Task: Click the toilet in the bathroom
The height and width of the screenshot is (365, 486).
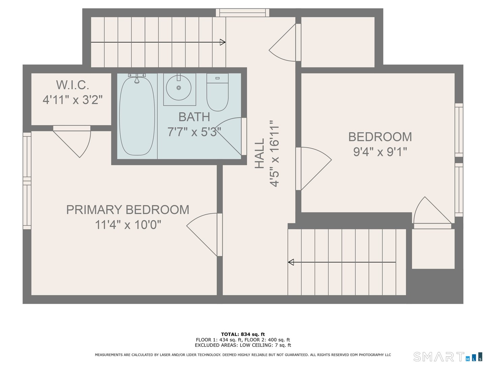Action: pyautogui.click(x=217, y=93)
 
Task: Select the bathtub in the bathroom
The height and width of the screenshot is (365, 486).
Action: pyautogui.click(x=137, y=116)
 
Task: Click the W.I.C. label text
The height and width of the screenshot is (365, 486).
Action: pyautogui.click(x=73, y=85)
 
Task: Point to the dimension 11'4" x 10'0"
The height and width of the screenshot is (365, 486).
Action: pyautogui.click(x=128, y=224)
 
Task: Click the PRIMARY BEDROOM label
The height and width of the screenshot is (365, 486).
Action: pyautogui.click(x=128, y=210)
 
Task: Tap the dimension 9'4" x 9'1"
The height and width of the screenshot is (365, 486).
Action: pyautogui.click(x=380, y=152)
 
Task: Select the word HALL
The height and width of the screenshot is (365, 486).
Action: pyautogui.click(x=259, y=153)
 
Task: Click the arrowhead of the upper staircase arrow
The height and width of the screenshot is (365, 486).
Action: pyautogui.click(x=223, y=42)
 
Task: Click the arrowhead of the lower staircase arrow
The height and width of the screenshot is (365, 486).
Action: pyautogui.click(x=291, y=262)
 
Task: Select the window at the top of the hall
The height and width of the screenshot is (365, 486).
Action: pyautogui.click(x=243, y=13)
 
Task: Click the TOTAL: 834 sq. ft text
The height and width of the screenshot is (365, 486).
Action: pyautogui.click(x=243, y=334)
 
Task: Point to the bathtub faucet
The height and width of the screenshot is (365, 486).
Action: pyautogui.click(x=137, y=79)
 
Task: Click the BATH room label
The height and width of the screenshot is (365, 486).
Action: pyautogui.click(x=194, y=117)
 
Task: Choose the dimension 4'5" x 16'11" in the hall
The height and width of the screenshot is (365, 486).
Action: pyautogui.click(x=274, y=153)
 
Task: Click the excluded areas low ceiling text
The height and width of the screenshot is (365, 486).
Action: pyautogui.click(x=243, y=345)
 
